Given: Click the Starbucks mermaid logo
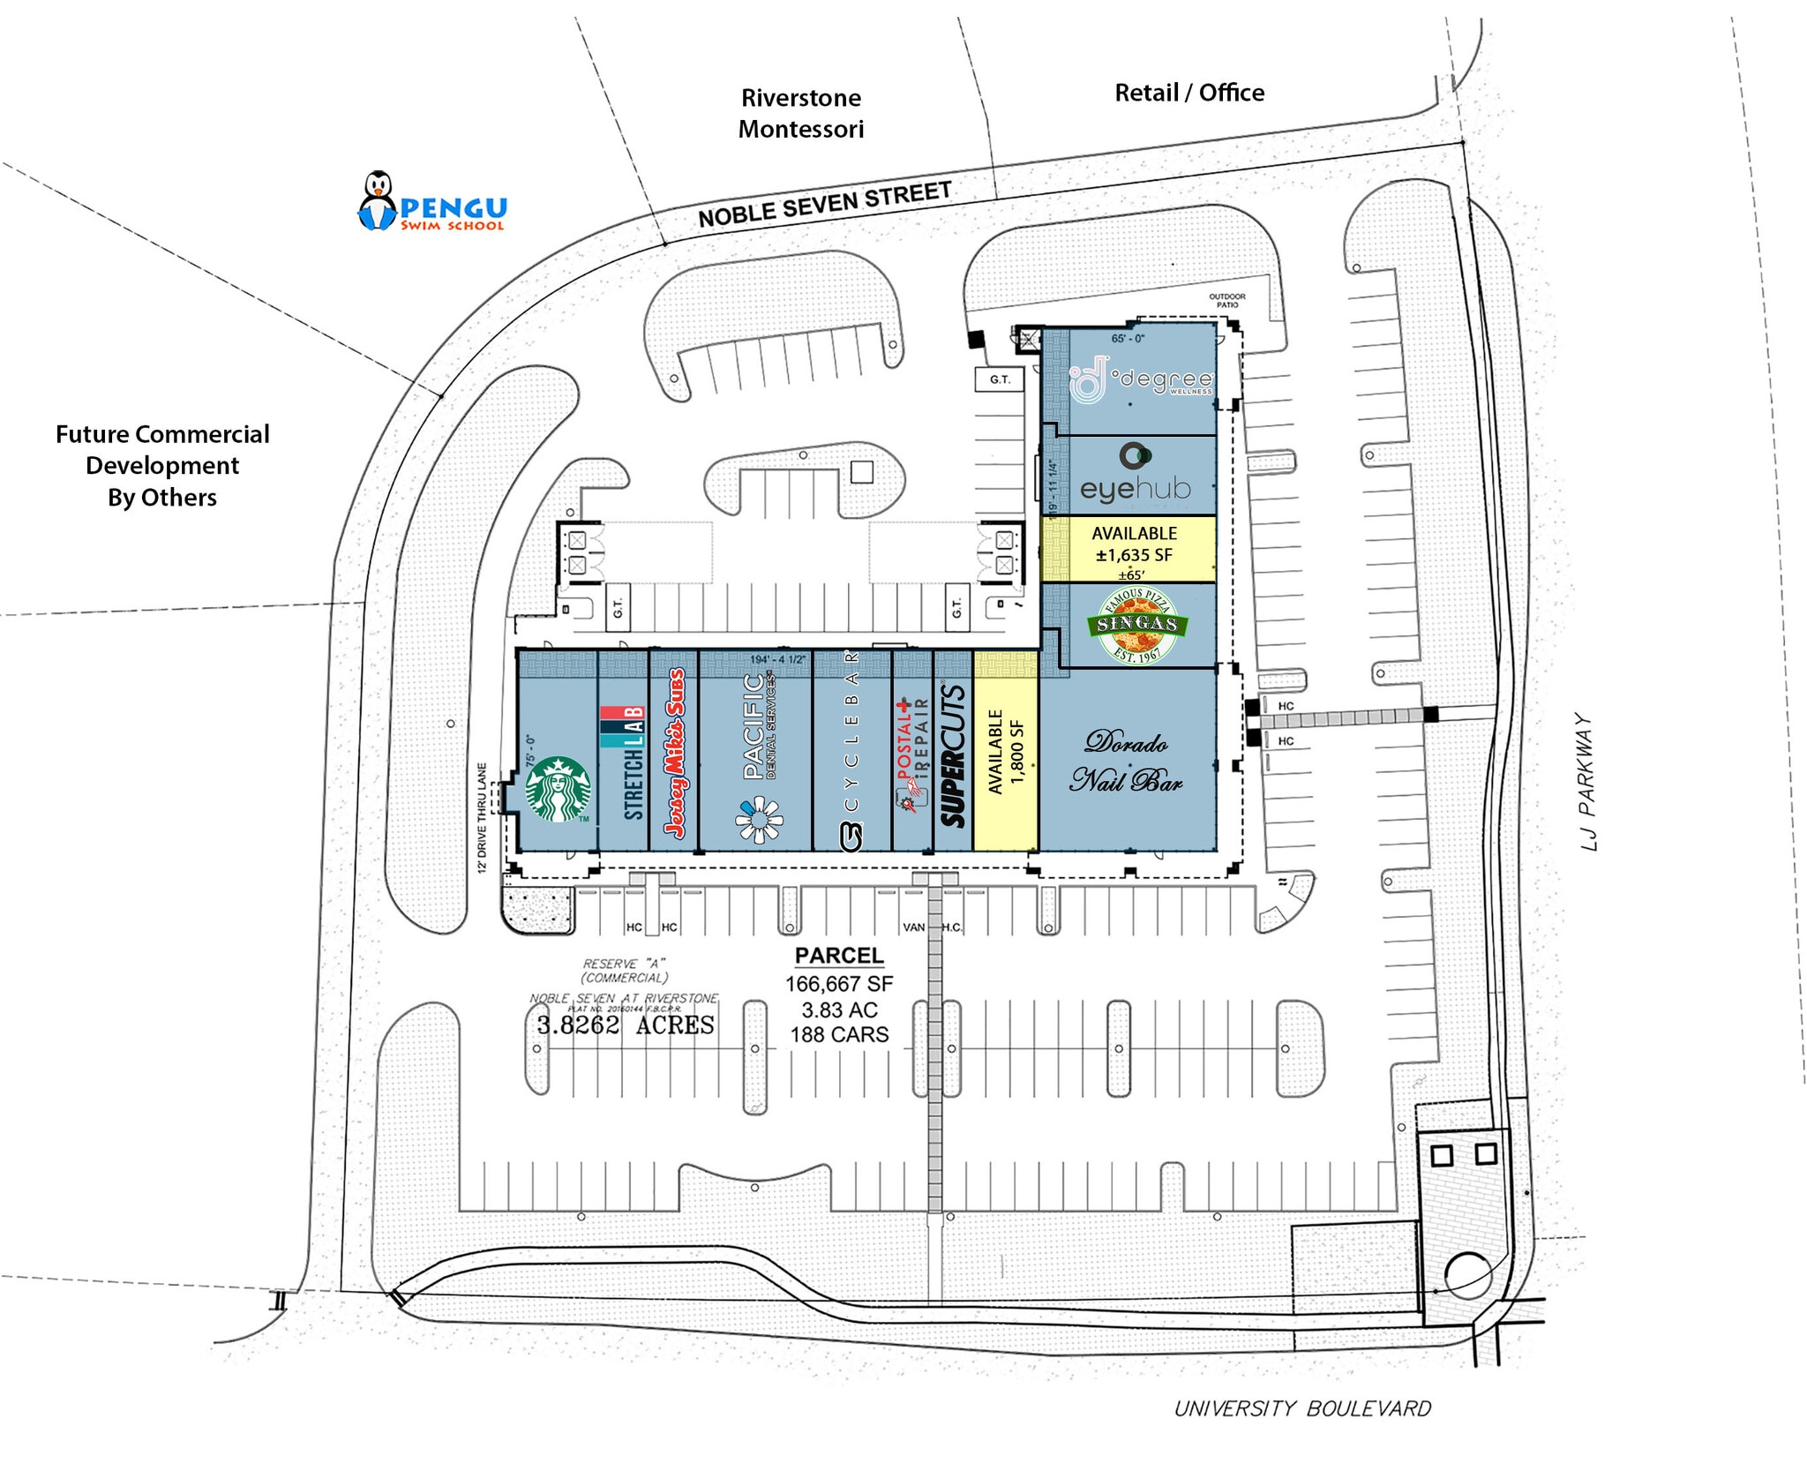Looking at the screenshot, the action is (558, 788).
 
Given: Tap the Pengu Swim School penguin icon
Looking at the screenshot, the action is (378, 200).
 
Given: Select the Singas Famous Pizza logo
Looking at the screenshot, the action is (1137, 625).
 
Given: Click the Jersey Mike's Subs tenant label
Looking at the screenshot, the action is (675, 754).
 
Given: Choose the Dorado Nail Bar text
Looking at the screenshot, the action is (1126, 761).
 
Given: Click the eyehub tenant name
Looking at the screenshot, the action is (1135, 487).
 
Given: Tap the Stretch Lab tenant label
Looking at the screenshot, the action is (634, 762).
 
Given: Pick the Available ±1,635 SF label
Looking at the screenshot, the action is (1134, 544).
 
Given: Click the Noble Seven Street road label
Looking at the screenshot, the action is (824, 205).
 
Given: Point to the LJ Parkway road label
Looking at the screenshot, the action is (1588, 782).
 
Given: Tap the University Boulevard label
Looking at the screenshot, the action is (1302, 1408).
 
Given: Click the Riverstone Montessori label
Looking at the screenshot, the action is (800, 113).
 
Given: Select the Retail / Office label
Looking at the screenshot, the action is (1188, 93).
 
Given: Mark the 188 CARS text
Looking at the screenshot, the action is (839, 1034).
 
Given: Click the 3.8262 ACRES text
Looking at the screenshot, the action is (626, 1024).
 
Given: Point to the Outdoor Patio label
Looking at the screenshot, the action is (1226, 300).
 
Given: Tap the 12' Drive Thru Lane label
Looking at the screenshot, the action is (482, 818).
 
